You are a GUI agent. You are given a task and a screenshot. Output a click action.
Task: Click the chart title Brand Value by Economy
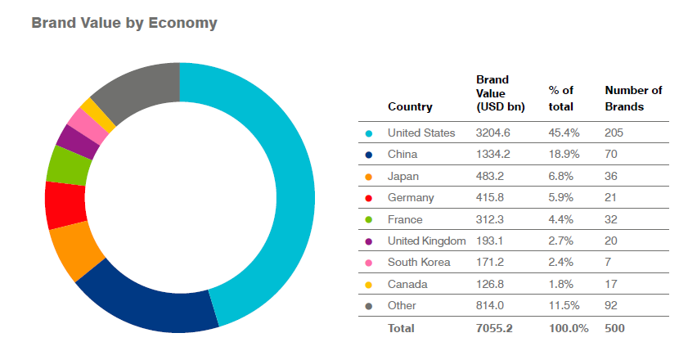pyautogui.click(x=124, y=23)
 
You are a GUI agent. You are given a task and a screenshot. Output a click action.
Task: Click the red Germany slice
pyautogui.click(x=65, y=205)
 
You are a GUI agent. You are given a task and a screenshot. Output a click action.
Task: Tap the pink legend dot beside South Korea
pyautogui.click(x=369, y=263)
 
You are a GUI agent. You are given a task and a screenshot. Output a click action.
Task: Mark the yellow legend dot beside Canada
pyautogui.click(x=369, y=284)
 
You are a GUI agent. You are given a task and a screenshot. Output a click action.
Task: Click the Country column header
pyautogui.click(x=410, y=106)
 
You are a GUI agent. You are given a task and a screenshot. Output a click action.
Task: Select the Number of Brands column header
pyautogui.click(x=632, y=98)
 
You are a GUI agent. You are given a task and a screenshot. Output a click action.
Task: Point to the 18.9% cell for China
pyautogui.click(x=562, y=154)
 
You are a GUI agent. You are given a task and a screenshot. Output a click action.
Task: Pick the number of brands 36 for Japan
pyautogui.click(x=612, y=176)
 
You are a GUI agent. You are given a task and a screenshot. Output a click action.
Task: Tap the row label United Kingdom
pyautogui.click(x=426, y=241)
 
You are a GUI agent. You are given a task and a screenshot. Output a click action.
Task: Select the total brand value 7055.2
pyautogui.click(x=496, y=328)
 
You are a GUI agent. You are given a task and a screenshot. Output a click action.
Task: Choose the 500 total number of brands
pyautogui.click(x=615, y=328)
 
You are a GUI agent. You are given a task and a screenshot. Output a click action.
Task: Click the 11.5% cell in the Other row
pyautogui.click(x=562, y=305)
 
